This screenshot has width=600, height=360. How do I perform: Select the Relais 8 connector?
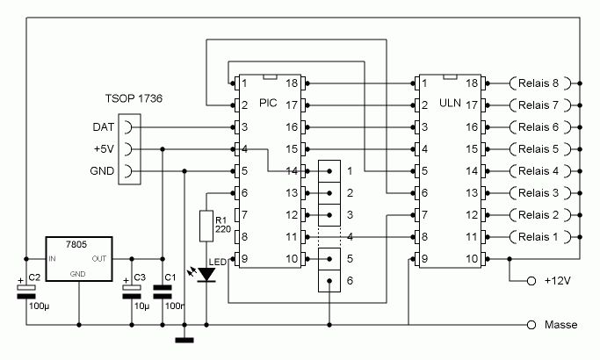[539, 83]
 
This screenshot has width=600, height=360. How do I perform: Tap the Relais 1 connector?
[539, 236]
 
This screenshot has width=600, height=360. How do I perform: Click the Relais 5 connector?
[539, 149]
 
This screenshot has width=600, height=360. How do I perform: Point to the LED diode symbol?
[206, 274]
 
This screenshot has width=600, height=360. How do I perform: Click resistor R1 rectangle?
[206, 226]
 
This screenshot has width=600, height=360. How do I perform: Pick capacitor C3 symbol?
[132, 290]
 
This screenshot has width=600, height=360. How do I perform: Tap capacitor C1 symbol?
[163, 291]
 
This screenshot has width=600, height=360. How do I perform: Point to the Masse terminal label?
[560, 325]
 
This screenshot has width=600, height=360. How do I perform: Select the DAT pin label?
[104, 127]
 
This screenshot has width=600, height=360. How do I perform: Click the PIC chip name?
[268, 104]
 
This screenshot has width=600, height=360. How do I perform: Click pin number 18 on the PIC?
[292, 83]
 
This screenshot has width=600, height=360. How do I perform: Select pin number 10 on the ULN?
[471, 259]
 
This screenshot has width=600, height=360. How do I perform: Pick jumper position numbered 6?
[349, 281]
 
